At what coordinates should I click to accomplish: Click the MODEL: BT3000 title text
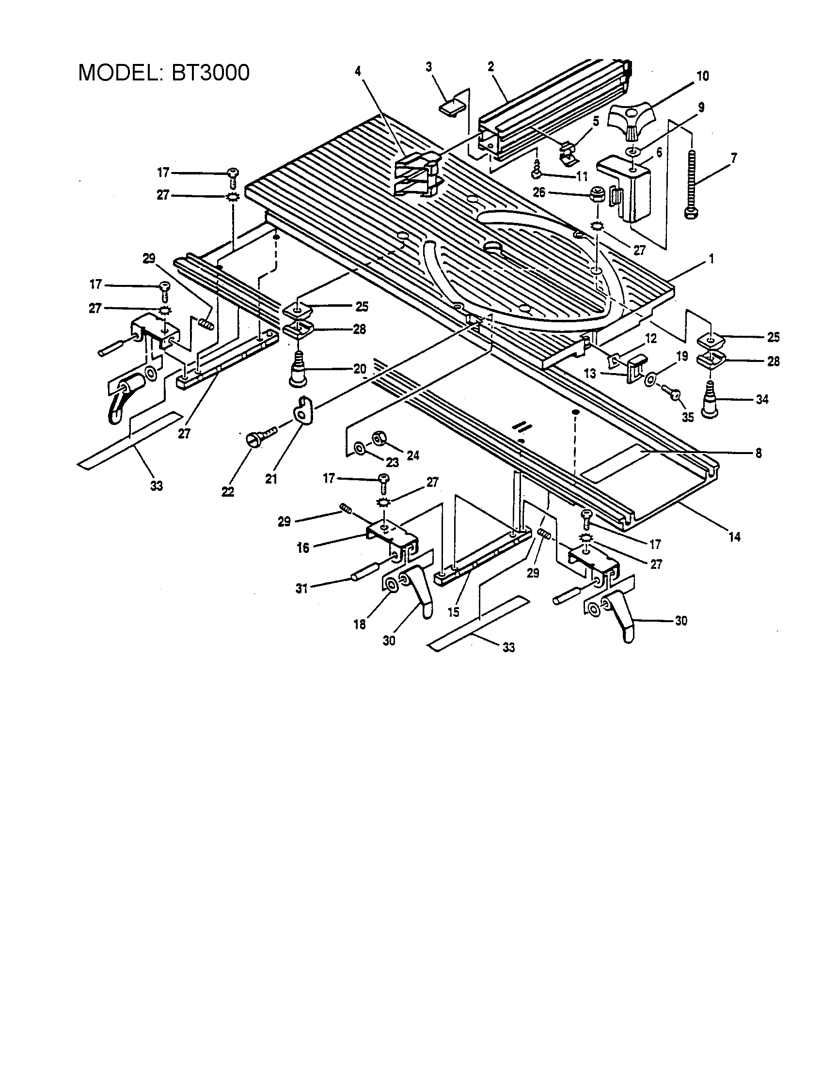[164, 73]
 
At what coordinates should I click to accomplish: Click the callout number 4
[358, 71]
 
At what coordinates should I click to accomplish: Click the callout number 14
[734, 537]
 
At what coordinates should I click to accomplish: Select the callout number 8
[758, 454]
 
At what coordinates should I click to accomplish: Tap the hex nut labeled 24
[379, 438]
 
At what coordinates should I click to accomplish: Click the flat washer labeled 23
[359, 448]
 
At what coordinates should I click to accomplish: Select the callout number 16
[303, 548]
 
